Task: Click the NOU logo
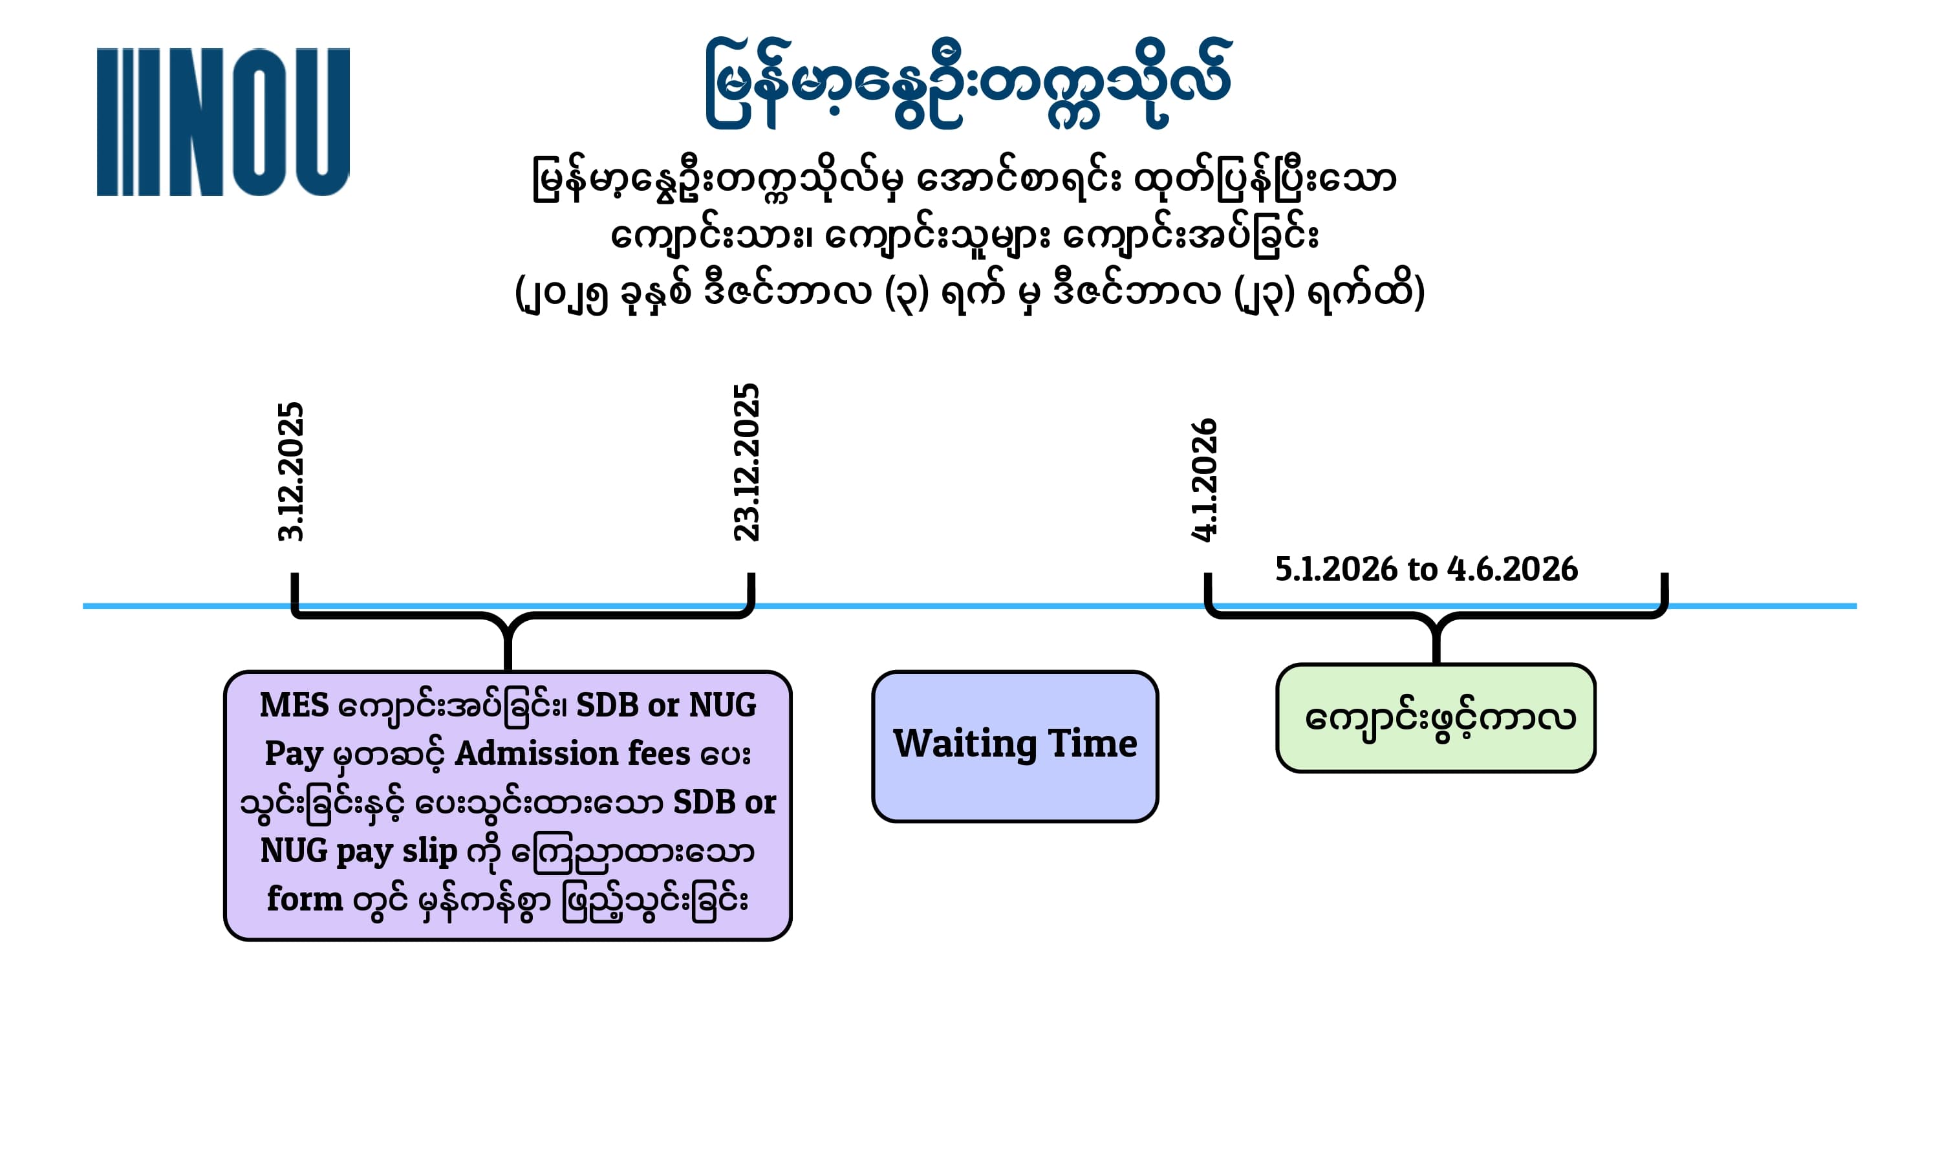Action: point(222,122)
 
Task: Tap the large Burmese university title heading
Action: point(969,82)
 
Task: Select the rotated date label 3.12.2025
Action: point(290,471)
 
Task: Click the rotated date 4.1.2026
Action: point(1203,479)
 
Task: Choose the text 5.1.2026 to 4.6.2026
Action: point(1427,568)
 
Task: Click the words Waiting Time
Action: point(1015,744)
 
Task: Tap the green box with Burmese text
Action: point(1436,718)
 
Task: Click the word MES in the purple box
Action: point(294,704)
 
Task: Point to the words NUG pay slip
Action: point(358,851)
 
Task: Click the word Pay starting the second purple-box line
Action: point(294,755)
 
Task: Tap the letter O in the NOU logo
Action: point(259,122)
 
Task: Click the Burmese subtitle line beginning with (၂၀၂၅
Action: point(969,291)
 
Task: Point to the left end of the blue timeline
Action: point(84,605)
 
